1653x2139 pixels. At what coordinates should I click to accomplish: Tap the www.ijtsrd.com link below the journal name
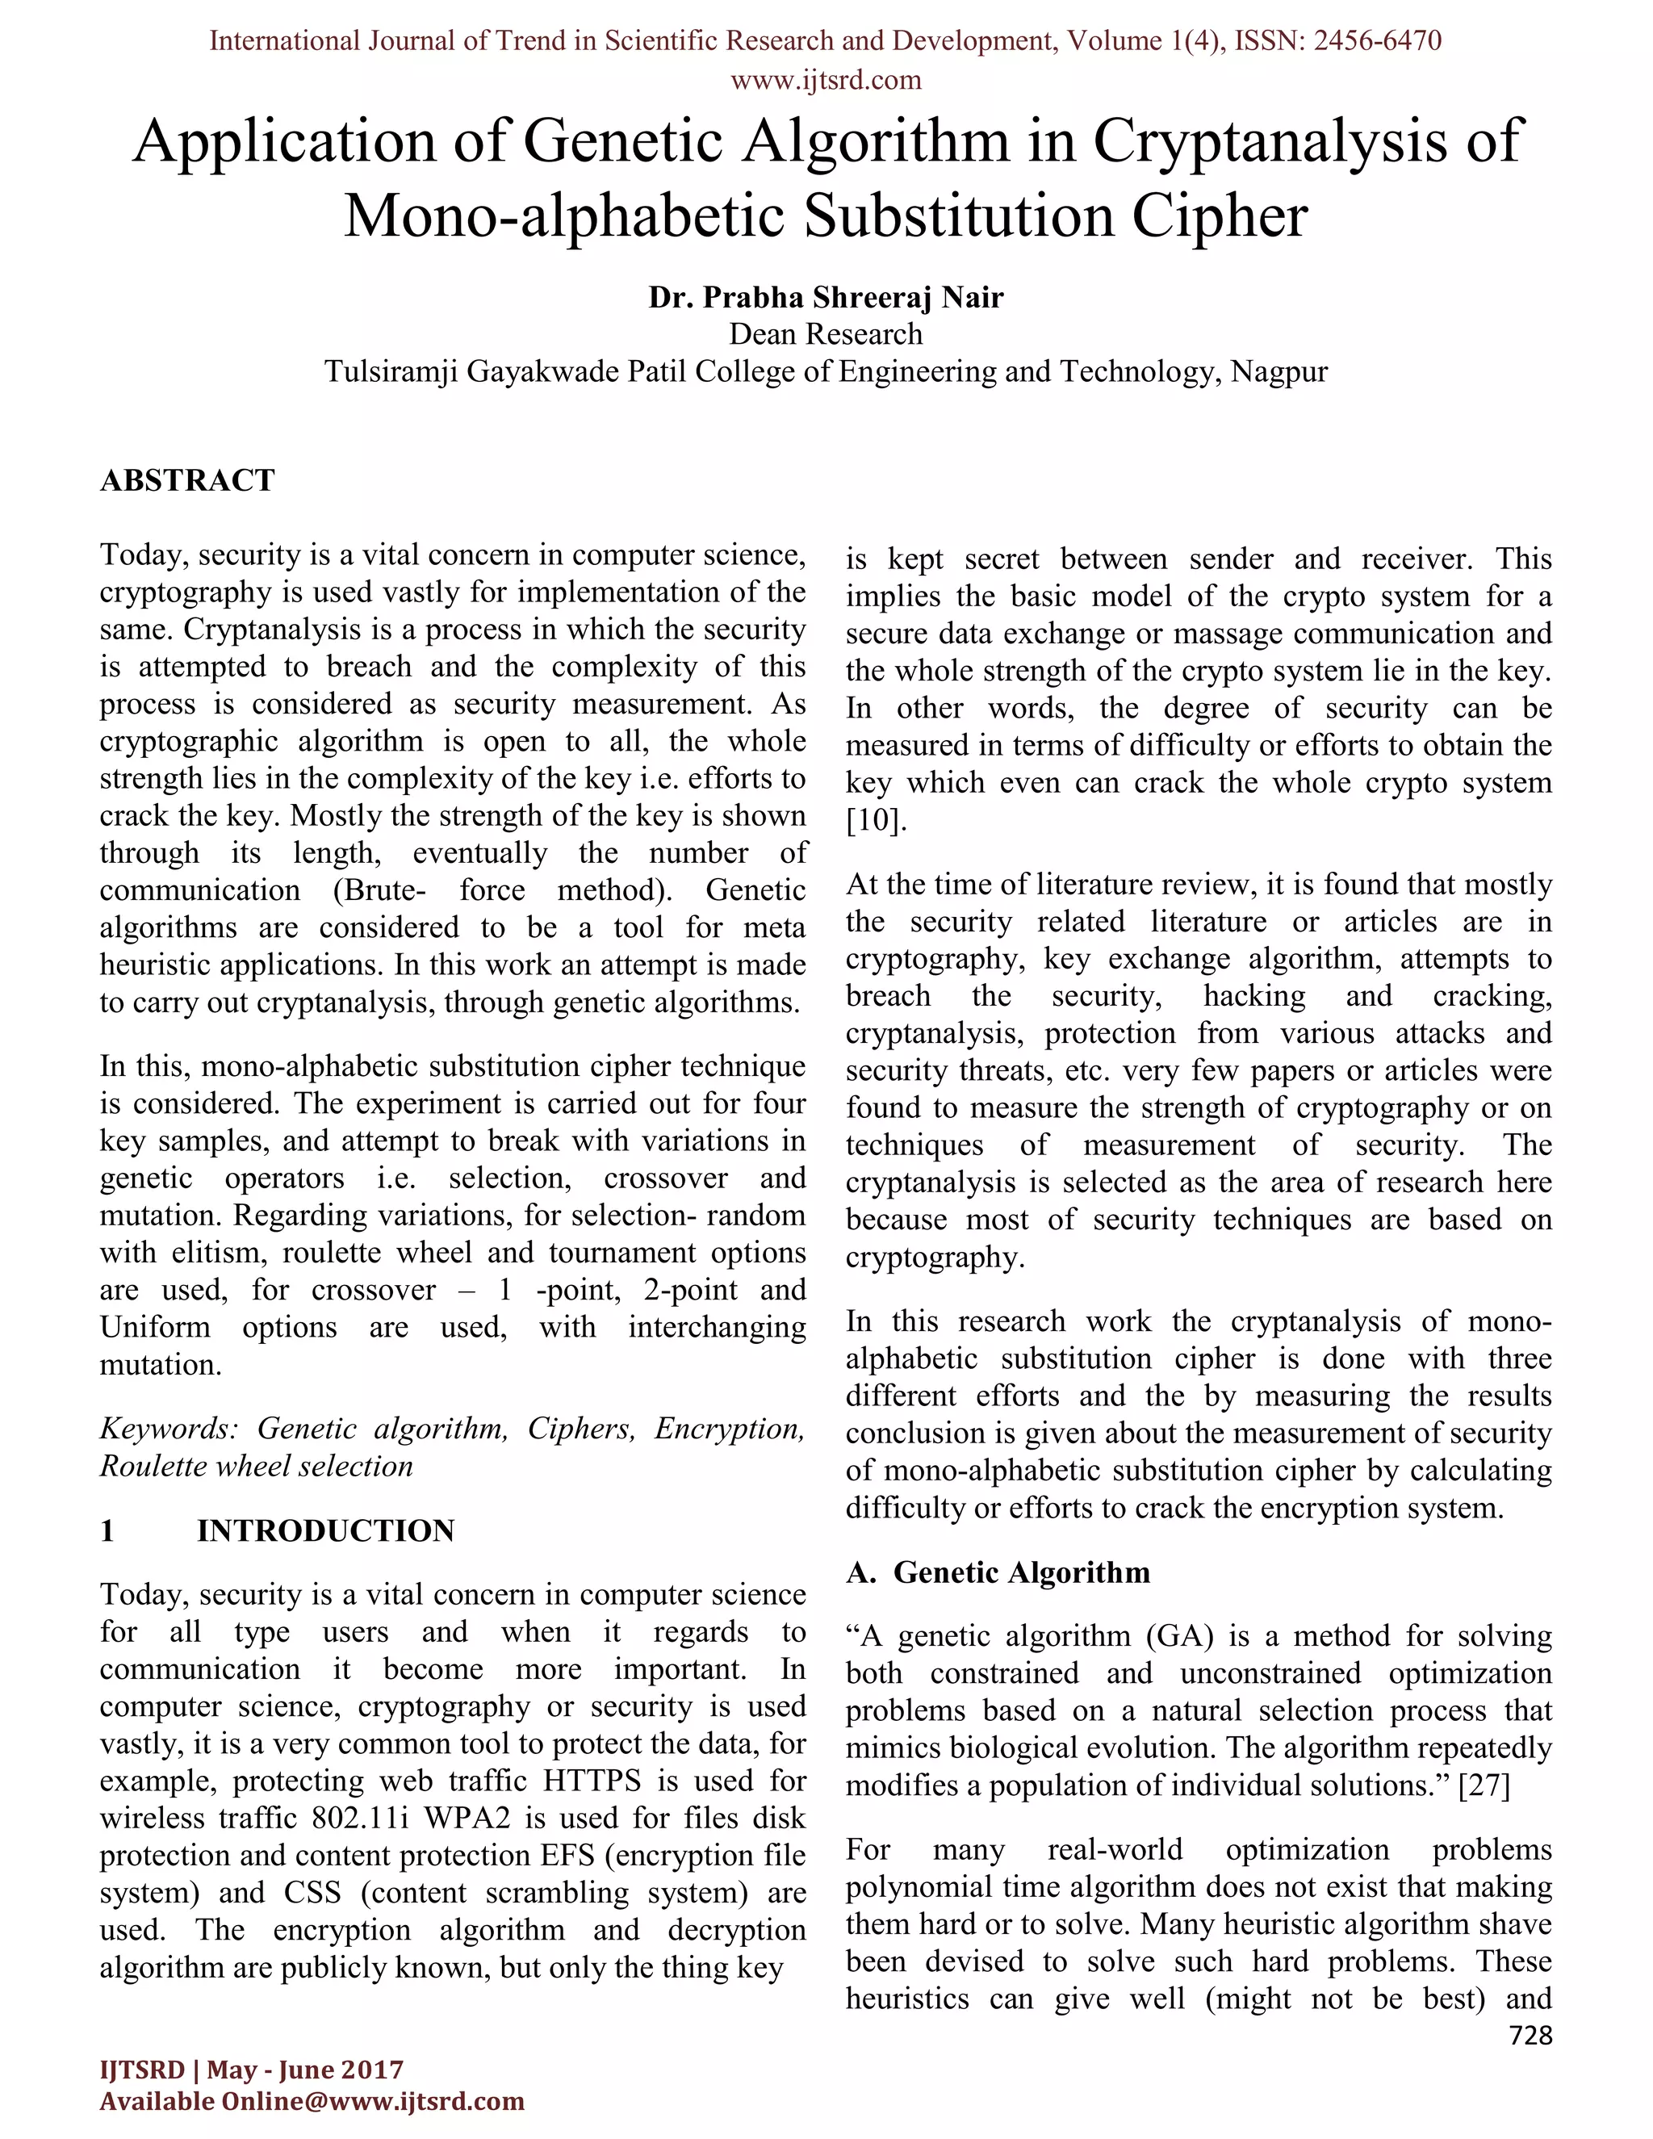(826, 79)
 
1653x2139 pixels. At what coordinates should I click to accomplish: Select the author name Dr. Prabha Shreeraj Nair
(826, 297)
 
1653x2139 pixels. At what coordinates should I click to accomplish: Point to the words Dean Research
(826, 334)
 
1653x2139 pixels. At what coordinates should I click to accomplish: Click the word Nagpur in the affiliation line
(1278, 372)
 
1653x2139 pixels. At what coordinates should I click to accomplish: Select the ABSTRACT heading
(187, 480)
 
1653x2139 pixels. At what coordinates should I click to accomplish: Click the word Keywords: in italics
(169, 1428)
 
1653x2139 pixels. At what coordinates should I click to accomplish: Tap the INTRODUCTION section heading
(325, 1530)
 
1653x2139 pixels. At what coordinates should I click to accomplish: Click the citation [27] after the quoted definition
(1484, 1785)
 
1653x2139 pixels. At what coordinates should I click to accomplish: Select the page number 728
(1530, 2036)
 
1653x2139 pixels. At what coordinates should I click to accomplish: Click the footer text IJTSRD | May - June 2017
(252, 2070)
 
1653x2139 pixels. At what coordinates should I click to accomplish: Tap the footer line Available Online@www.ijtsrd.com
(312, 2102)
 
